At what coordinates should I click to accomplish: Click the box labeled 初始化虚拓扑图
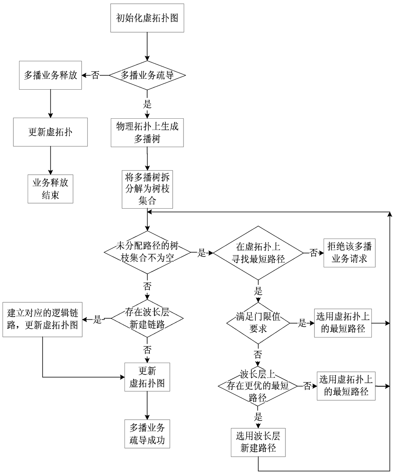pyautogui.click(x=147, y=18)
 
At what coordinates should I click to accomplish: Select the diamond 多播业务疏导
pyautogui.click(x=147, y=75)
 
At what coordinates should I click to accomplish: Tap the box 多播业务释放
pyautogui.click(x=50, y=75)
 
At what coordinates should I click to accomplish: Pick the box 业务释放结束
pyautogui.click(x=50, y=189)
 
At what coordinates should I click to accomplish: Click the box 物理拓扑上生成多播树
pyautogui.click(x=147, y=133)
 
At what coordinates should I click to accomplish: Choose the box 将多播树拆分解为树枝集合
pyautogui.click(x=147, y=189)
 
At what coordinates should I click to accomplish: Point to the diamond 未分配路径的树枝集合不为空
pyautogui.click(x=147, y=252)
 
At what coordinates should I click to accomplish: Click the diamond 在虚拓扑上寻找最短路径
pyautogui.click(x=258, y=253)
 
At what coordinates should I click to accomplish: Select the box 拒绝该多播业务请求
pyautogui.click(x=349, y=253)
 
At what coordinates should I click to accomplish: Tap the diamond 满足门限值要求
pyautogui.click(x=258, y=323)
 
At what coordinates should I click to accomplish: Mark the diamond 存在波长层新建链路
pyautogui.click(x=147, y=318)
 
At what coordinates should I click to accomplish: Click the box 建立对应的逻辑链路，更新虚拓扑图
pyautogui.click(x=42, y=319)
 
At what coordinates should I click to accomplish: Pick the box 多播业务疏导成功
pyautogui.click(x=147, y=434)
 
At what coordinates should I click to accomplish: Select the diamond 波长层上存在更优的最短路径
pyautogui.click(x=258, y=386)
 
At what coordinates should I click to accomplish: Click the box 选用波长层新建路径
pyautogui.click(x=258, y=442)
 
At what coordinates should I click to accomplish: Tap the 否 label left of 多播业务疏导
pyautogui.click(x=95, y=75)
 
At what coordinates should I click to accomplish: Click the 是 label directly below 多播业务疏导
pyautogui.click(x=147, y=104)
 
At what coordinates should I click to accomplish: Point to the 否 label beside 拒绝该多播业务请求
pyautogui.click(x=314, y=253)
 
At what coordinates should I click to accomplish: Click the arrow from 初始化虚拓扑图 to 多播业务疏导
pyautogui.click(x=147, y=46)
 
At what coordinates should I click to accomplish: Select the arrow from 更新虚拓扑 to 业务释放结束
pyautogui.click(x=50, y=160)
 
